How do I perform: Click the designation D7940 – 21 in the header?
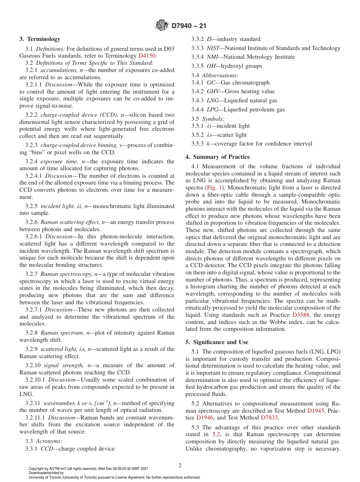click(x=189, y=26)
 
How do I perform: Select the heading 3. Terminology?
click(x=40, y=39)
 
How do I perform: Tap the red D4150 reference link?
click(x=147, y=56)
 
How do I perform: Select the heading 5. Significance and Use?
click(x=217, y=342)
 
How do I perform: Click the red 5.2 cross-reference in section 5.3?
click(x=216, y=434)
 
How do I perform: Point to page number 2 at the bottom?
click(x=180, y=466)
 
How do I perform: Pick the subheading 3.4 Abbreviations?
click(x=215, y=75)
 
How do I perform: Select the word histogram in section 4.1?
click(x=203, y=287)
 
